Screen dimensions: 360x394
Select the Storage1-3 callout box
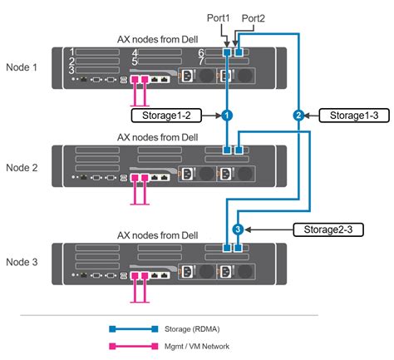tap(350, 115)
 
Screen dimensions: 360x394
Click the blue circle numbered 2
tap(298, 115)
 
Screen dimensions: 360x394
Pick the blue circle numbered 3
tap(238, 229)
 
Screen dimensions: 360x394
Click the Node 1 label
tap(22, 68)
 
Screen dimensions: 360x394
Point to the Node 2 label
tap(22, 166)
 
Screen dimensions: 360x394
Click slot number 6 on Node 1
tap(201, 52)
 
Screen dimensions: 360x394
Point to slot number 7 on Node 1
tap(201, 62)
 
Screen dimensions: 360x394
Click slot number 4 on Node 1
tap(134, 52)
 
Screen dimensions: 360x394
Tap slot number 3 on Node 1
tap(73, 70)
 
